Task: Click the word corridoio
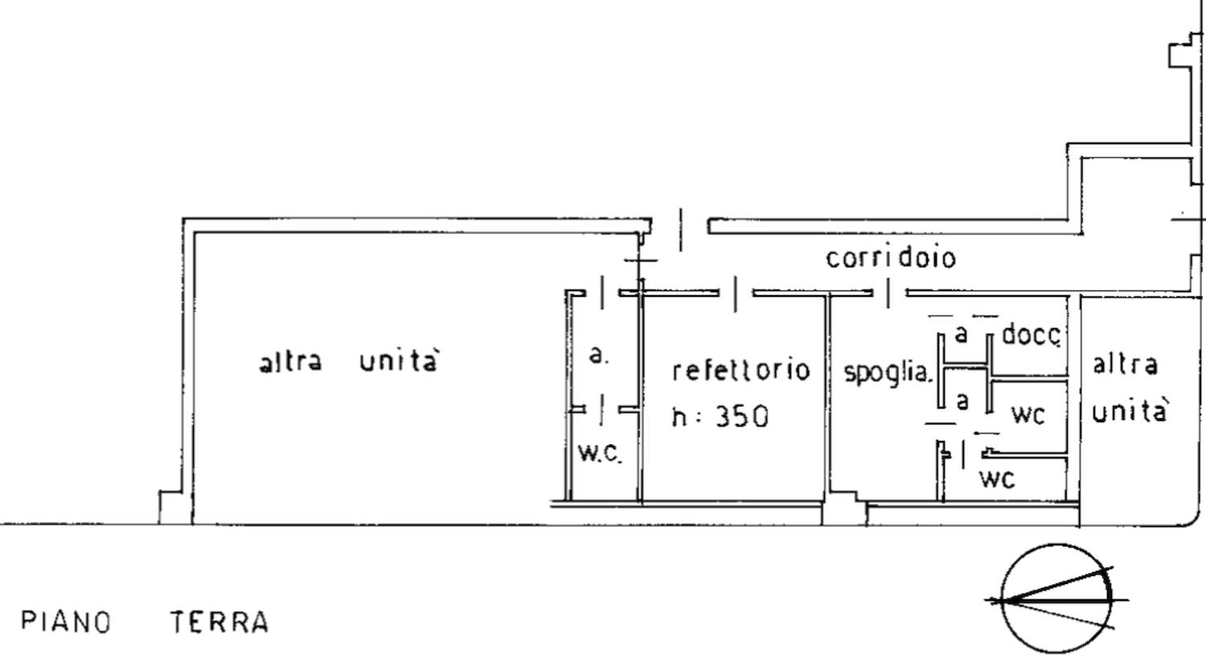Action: (x=891, y=258)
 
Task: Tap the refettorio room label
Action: (x=741, y=371)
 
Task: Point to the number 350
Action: (x=742, y=417)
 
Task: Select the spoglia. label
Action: (x=888, y=373)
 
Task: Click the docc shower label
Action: (x=1032, y=335)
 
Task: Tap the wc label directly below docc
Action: (x=1028, y=415)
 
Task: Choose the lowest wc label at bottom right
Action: (x=997, y=479)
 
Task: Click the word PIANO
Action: (x=66, y=622)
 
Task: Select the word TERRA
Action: (x=219, y=622)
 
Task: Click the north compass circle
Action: (x=1056, y=599)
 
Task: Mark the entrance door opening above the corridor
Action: (x=680, y=230)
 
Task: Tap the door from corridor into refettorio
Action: (x=736, y=294)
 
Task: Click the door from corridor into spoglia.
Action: (x=889, y=294)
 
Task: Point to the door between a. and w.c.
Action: (x=601, y=410)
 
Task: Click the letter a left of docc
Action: (x=961, y=335)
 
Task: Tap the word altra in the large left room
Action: (x=291, y=361)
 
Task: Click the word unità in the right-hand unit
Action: (x=1129, y=411)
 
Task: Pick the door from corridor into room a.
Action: (x=602, y=293)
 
